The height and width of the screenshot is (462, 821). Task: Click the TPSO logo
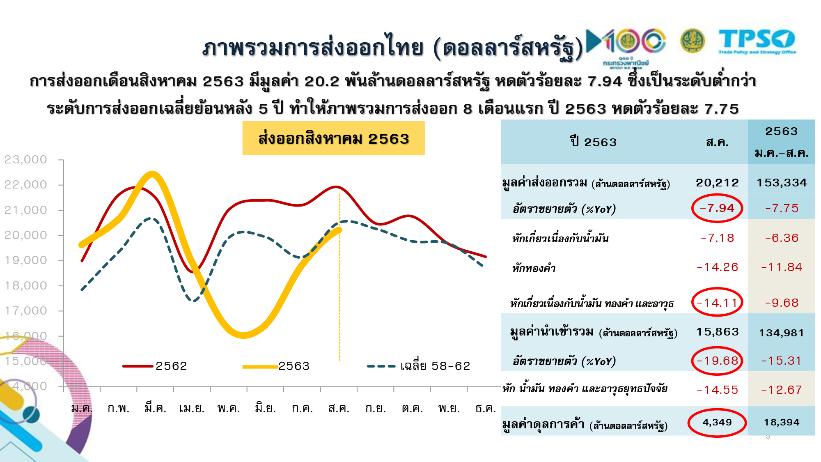point(757,41)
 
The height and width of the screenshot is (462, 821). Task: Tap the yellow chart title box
point(333,138)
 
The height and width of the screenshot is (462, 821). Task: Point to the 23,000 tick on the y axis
point(26,159)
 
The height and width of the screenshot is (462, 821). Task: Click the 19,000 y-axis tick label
point(26,260)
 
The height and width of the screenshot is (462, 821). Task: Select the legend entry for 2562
point(155,366)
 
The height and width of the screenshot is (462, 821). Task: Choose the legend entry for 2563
point(276,366)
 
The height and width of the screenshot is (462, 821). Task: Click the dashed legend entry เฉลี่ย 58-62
point(419,366)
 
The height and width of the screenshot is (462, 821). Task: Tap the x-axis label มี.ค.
point(155,408)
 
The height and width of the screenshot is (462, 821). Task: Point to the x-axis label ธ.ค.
point(485,408)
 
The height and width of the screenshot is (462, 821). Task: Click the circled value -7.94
point(717,208)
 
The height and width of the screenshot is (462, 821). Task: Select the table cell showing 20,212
point(717,183)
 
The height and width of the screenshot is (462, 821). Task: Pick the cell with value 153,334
point(782,183)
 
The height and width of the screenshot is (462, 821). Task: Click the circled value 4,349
point(717,422)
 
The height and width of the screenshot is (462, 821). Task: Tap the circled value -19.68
point(717,361)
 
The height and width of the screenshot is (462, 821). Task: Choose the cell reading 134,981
point(782,333)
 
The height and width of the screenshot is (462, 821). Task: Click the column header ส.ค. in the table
point(717,143)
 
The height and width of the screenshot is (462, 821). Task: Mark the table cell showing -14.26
point(717,267)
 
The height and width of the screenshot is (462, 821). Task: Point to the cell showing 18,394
point(782,422)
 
